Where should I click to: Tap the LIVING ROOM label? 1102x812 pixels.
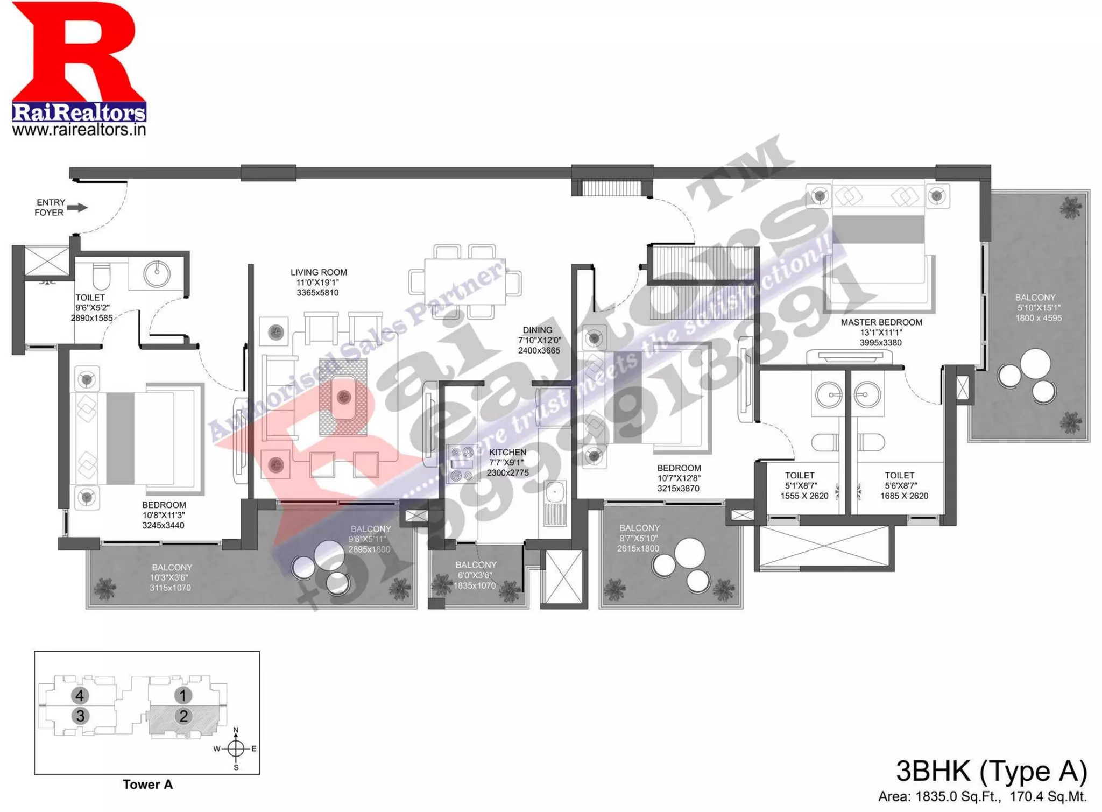(x=319, y=272)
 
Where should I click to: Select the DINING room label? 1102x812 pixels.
(x=537, y=330)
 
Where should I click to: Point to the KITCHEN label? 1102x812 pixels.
(x=507, y=452)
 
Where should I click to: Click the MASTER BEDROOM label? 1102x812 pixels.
(x=881, y=322)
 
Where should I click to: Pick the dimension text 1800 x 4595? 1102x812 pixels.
(x=1038, y=318)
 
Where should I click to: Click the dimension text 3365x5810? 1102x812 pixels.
(x=317, y=293)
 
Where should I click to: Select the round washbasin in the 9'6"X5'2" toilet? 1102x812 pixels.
(x=157, y=273)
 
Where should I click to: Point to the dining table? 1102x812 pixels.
(x=465, y=281)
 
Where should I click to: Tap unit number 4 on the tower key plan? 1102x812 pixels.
(x=80, y=696)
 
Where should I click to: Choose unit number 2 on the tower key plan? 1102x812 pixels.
(x=183, y=716)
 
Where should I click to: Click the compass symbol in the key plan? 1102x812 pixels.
(x=236, y=749)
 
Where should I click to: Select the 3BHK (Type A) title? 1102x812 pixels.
(x=991, y=772)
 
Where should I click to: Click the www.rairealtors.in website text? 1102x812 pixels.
(x=79, y=130)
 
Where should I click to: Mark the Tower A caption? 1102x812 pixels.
(x=147, y=785)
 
